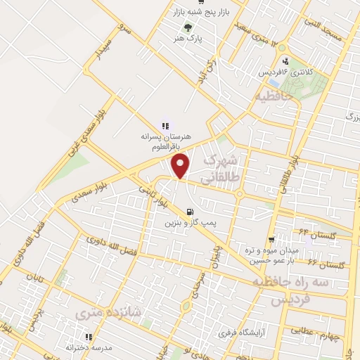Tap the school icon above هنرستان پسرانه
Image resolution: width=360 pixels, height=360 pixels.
165,125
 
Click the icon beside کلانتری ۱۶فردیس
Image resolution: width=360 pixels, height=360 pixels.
284,60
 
